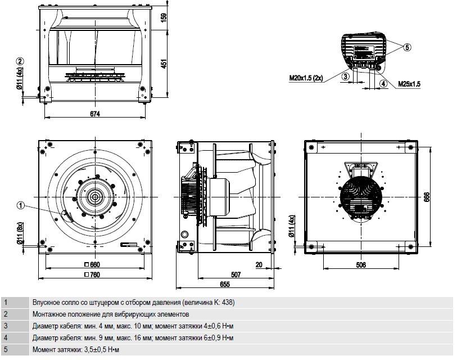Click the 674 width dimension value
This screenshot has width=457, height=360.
point(95,113)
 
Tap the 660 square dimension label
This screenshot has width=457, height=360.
point(92,264)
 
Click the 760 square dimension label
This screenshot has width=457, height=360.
point(92,274)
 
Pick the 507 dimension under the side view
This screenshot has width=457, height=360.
point(236,274)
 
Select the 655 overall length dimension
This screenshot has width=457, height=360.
point(225,284)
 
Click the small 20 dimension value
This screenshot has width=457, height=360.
point(259,264)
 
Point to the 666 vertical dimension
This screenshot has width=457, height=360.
point(427,197)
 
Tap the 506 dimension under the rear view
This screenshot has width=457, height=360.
point(361,265)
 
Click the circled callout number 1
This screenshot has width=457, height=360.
point(20,206)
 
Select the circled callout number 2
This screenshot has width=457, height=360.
point(20,61)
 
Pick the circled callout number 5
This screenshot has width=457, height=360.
point(408,47)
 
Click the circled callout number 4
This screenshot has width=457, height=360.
point(383,83)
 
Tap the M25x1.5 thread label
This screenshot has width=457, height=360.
point(409,84)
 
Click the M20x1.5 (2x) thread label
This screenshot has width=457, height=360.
point(306,78)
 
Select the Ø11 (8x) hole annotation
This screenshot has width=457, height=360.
point(20,233)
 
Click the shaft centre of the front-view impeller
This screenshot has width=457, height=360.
point(95,197)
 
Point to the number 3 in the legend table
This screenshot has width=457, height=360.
point(6,326)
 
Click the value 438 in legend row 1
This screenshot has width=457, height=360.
point(228,302)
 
